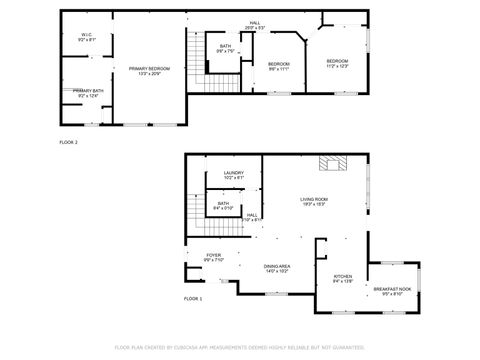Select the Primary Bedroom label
149,70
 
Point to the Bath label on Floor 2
226,48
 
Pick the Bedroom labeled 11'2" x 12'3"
337,64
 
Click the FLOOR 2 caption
69,143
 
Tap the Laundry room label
234,176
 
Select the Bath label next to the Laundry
223,206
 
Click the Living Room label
314,201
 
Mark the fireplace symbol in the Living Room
330,164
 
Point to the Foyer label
214,257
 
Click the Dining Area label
277,268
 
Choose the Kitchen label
342,280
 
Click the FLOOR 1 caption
193,299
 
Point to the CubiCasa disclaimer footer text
240,348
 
